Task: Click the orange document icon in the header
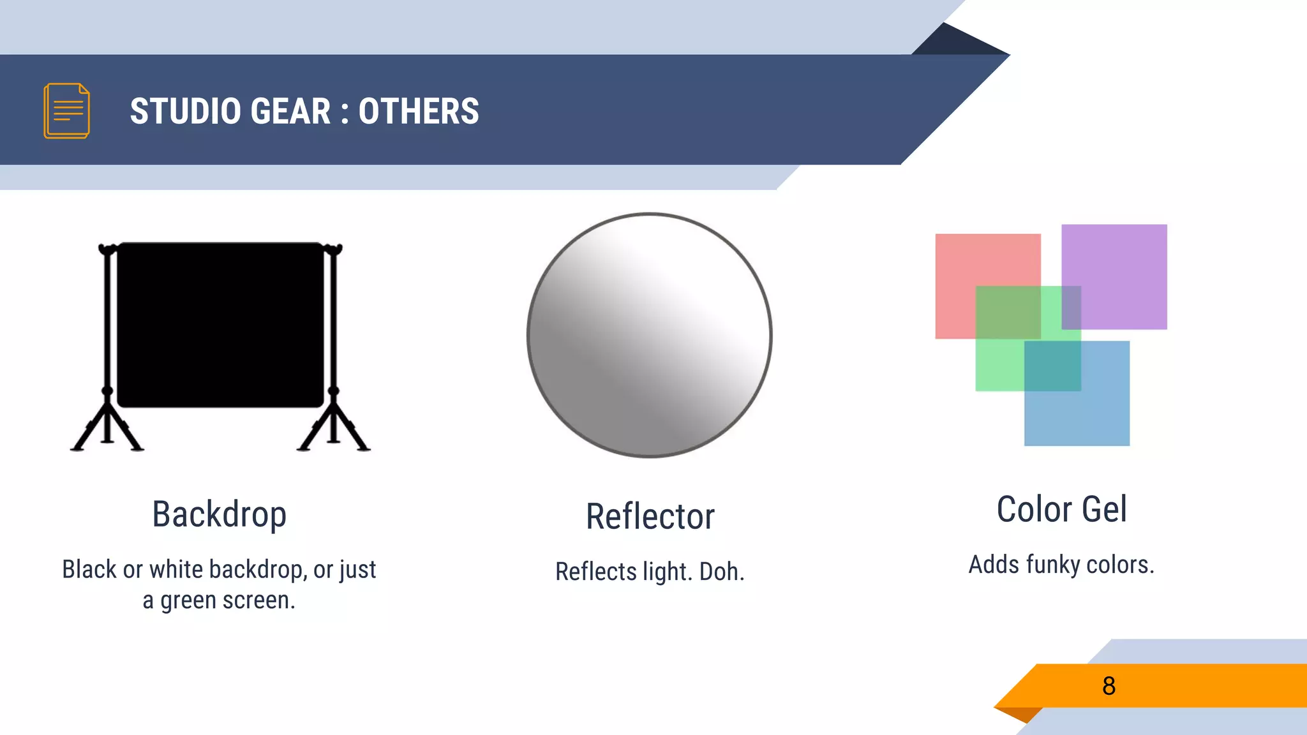(x=66, y=110)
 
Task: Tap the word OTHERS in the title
(x=419, y=111)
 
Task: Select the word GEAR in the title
(x=290, y=111)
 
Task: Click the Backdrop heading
(x=219, y=514)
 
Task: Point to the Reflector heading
(x=650, y=516)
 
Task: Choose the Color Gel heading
(x=1062, y=509)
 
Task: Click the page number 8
(x=1109, y=686)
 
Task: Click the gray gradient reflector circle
(x=650, y=335)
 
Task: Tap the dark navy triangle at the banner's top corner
(x=957, y=41)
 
